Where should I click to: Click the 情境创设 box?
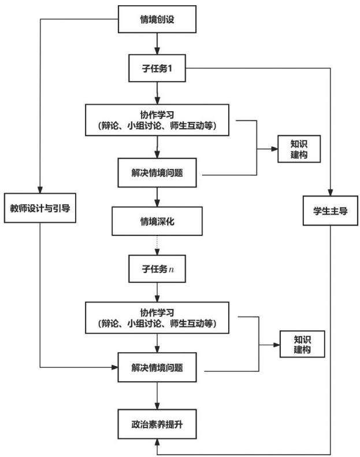coord(157,19)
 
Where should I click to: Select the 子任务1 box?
coord(157,68)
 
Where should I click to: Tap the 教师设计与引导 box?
coord(40,208)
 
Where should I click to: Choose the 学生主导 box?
coord(331,211)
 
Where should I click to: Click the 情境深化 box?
coord(157,221)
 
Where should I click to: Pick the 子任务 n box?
coord(157,269)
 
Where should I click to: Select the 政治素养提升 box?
coord(157,424)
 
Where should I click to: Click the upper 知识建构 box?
coord(299,149)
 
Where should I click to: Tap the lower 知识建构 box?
coord(302,344)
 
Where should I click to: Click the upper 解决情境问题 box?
coord(157,172)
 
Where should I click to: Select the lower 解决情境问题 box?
coord(157,367)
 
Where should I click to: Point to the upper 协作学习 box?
coord(157,120)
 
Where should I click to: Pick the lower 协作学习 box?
coord(157,318)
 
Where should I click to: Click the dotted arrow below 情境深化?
coord(157,245)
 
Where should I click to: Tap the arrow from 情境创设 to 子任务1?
coord(157,44)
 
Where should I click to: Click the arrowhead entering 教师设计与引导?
coord(40,189)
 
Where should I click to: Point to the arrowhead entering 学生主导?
coord(331,192)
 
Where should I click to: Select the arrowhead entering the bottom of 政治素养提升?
coord(157,443)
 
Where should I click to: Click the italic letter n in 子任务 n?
coord(172,270)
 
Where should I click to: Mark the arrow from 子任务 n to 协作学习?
coord(157,292)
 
